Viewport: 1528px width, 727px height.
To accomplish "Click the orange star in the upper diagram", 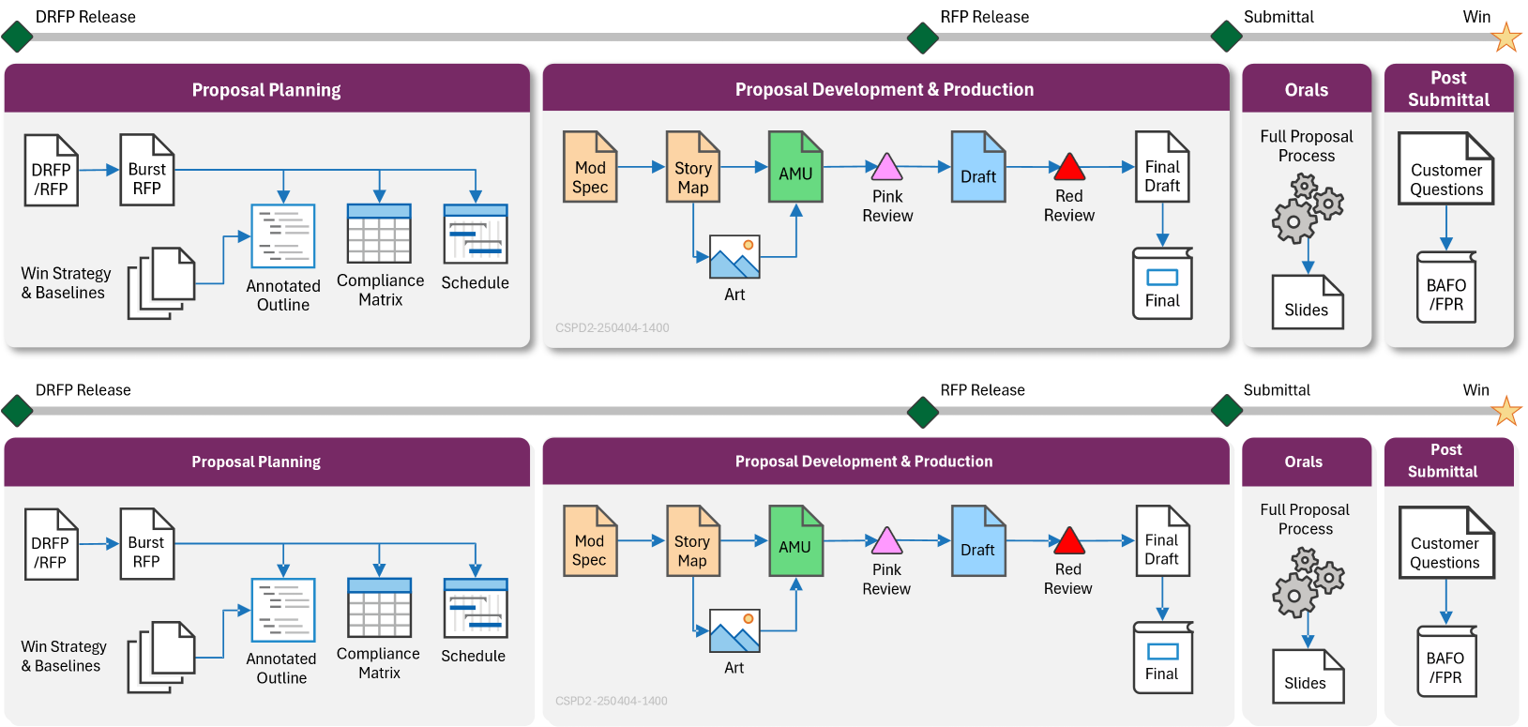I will pos(1505,38).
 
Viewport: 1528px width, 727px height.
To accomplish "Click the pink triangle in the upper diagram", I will pos(886,168).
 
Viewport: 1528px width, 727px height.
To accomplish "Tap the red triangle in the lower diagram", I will pos(1068,541).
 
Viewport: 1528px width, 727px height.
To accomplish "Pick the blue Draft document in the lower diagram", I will pos(978,541).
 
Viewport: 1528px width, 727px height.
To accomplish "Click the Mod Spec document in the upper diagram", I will pos(590,167).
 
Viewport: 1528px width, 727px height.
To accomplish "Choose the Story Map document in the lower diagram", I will pos(693,541).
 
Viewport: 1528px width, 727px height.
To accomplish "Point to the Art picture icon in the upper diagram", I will pos(734,256).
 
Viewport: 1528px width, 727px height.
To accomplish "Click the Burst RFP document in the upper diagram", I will pos(147,170).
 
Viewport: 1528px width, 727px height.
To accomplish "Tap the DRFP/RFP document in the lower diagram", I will pos(52,545).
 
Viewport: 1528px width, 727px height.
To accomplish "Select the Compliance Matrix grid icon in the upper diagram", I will pos(379,234).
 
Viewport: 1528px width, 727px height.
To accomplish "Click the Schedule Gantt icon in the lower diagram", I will pos(476,608).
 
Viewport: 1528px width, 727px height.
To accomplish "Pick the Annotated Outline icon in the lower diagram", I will pos(283,610).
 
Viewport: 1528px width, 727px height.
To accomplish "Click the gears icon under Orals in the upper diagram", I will pos(1308,208).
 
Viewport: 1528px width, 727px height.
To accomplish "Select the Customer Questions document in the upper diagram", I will pos(1445,169).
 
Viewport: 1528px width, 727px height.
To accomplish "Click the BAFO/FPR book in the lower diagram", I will pos(1445,661).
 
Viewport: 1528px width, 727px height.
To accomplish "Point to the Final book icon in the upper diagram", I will pos(1162,283).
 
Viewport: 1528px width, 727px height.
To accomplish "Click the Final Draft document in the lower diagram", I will pos(1162,541).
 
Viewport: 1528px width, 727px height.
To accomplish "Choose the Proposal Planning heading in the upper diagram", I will pos(266,90).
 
